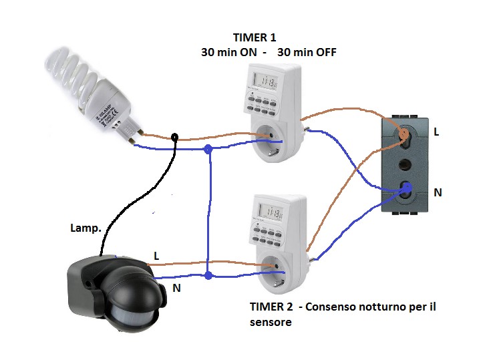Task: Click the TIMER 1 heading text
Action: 254,37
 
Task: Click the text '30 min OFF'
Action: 307,52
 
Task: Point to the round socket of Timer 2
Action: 273,268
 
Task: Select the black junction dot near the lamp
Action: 174,137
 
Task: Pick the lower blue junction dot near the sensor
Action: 209,275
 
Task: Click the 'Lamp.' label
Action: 86,228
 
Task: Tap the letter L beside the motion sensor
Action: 156,256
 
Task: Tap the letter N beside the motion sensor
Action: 176,288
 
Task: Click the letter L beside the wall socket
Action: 436,132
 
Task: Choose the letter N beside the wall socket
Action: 438,192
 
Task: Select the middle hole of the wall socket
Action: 404,163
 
